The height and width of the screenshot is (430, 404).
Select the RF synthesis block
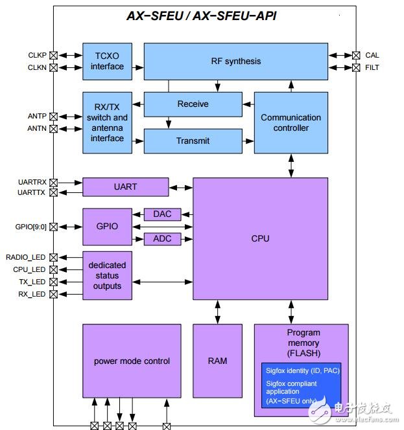(236, 62)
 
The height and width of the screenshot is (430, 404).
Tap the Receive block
(193, 104)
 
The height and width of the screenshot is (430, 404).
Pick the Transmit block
(193, 141)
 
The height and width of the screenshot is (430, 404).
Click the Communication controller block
(291, 122)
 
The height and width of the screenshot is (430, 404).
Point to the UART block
(125, 187)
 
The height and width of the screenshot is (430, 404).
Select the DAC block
(162, 214)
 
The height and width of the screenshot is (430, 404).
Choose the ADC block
(162, 239)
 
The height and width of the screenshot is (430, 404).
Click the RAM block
(218, 361)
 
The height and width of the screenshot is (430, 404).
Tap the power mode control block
(132, 361)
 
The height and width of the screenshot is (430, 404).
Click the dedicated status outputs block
(107, 276)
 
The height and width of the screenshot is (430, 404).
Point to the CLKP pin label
(37, 55)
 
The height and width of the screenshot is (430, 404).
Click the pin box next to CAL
(356, 55)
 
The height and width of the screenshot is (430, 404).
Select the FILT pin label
(372, 67)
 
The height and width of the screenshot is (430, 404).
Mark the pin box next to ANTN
(53, 129)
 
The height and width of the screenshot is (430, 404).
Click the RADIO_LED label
(26, 257)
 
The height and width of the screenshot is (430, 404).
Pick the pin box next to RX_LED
(53, 295)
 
